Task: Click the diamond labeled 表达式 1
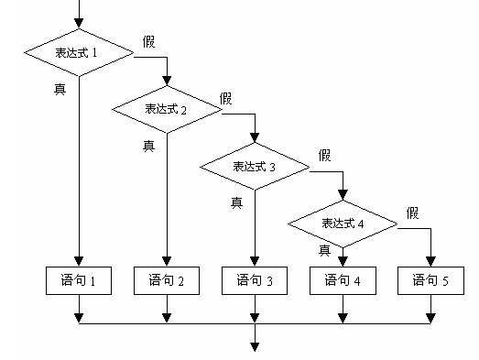tap(79, 52)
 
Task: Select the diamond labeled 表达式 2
tap(167, 109)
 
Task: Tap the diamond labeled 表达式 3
tap(255, 167)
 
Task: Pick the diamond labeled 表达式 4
tap(343, 224)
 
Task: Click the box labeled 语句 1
tap(79, 280)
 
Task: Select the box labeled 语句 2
tap(167, 280)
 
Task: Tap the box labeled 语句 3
tap(255, 280)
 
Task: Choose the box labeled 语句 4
tap(343, 280)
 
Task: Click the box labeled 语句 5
tap(430, 280)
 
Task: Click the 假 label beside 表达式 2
tap(227, 97)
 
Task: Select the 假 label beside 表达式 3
tap(325, 155)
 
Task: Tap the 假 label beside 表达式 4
tap(413, 213)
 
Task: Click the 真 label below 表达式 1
tap(59, 87)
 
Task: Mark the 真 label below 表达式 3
tap(236, 202)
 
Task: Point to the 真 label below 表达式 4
tap(324, 250)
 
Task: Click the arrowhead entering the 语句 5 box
tap(430, 261)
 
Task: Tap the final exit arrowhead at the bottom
tap(255, 346)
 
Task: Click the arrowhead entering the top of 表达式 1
tap(79, 25)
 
